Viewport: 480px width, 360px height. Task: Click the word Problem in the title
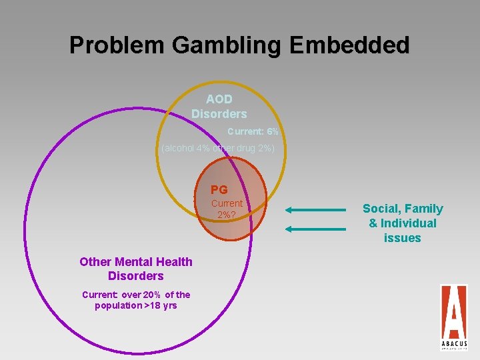[117, 45]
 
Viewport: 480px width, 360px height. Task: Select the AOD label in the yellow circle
[219, 99]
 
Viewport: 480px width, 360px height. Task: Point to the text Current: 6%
[253, 131]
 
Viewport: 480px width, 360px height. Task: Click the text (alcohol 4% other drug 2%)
[218, 147]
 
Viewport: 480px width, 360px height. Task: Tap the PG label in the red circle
[219, 190]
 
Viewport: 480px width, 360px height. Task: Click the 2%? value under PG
[227, 215]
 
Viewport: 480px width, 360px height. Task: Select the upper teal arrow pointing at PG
[315, 210]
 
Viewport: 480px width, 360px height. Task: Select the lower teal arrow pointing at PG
[315, 229]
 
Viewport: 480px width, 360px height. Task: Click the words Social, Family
[403, 209]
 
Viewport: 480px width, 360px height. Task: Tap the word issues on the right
[403, 238]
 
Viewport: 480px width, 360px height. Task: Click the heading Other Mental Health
[136, 262]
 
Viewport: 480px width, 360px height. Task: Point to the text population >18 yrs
[136, 305]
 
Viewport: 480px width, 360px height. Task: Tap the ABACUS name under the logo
[453, 344]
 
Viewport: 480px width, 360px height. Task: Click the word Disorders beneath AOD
[219, 114]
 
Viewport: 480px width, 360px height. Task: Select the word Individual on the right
[407, 223]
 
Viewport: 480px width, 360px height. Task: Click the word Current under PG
[227, 203]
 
